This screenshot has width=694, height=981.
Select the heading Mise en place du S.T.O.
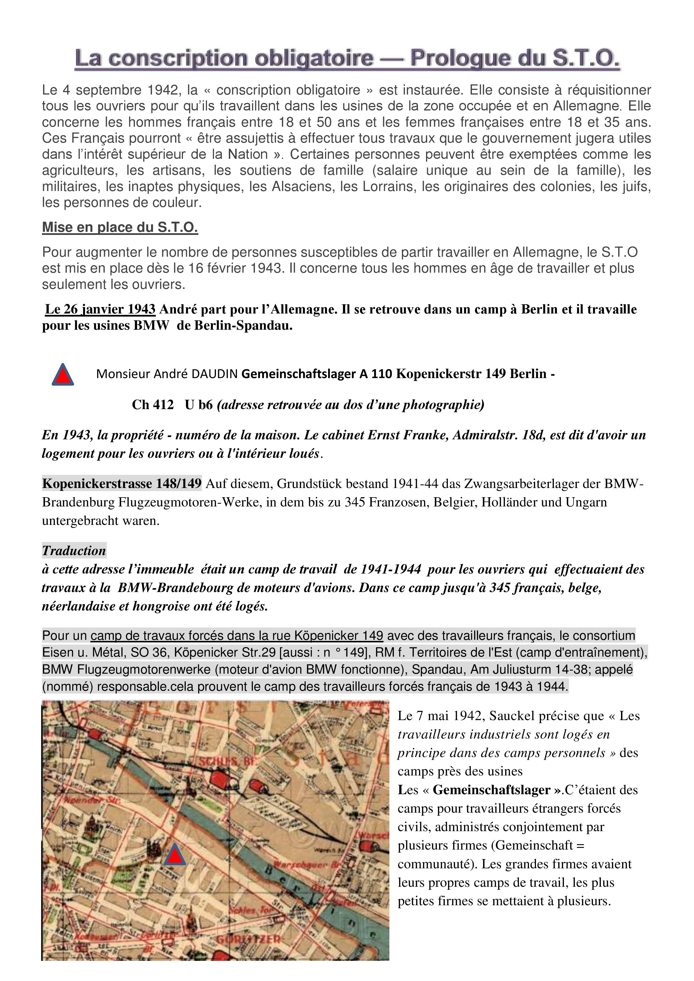point(120,227)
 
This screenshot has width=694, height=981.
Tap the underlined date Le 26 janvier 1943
point(100,309)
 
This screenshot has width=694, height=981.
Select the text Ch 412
point(152,405)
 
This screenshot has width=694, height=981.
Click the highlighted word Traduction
point(74,551)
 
